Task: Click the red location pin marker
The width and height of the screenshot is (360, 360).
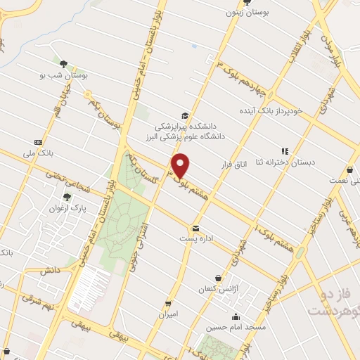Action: tap(181, 165)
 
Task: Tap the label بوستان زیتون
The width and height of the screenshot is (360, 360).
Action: tap(244, 13)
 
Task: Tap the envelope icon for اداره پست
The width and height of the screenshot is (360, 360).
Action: tap(196, 228)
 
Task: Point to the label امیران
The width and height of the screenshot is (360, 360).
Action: tap(167, 314)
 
